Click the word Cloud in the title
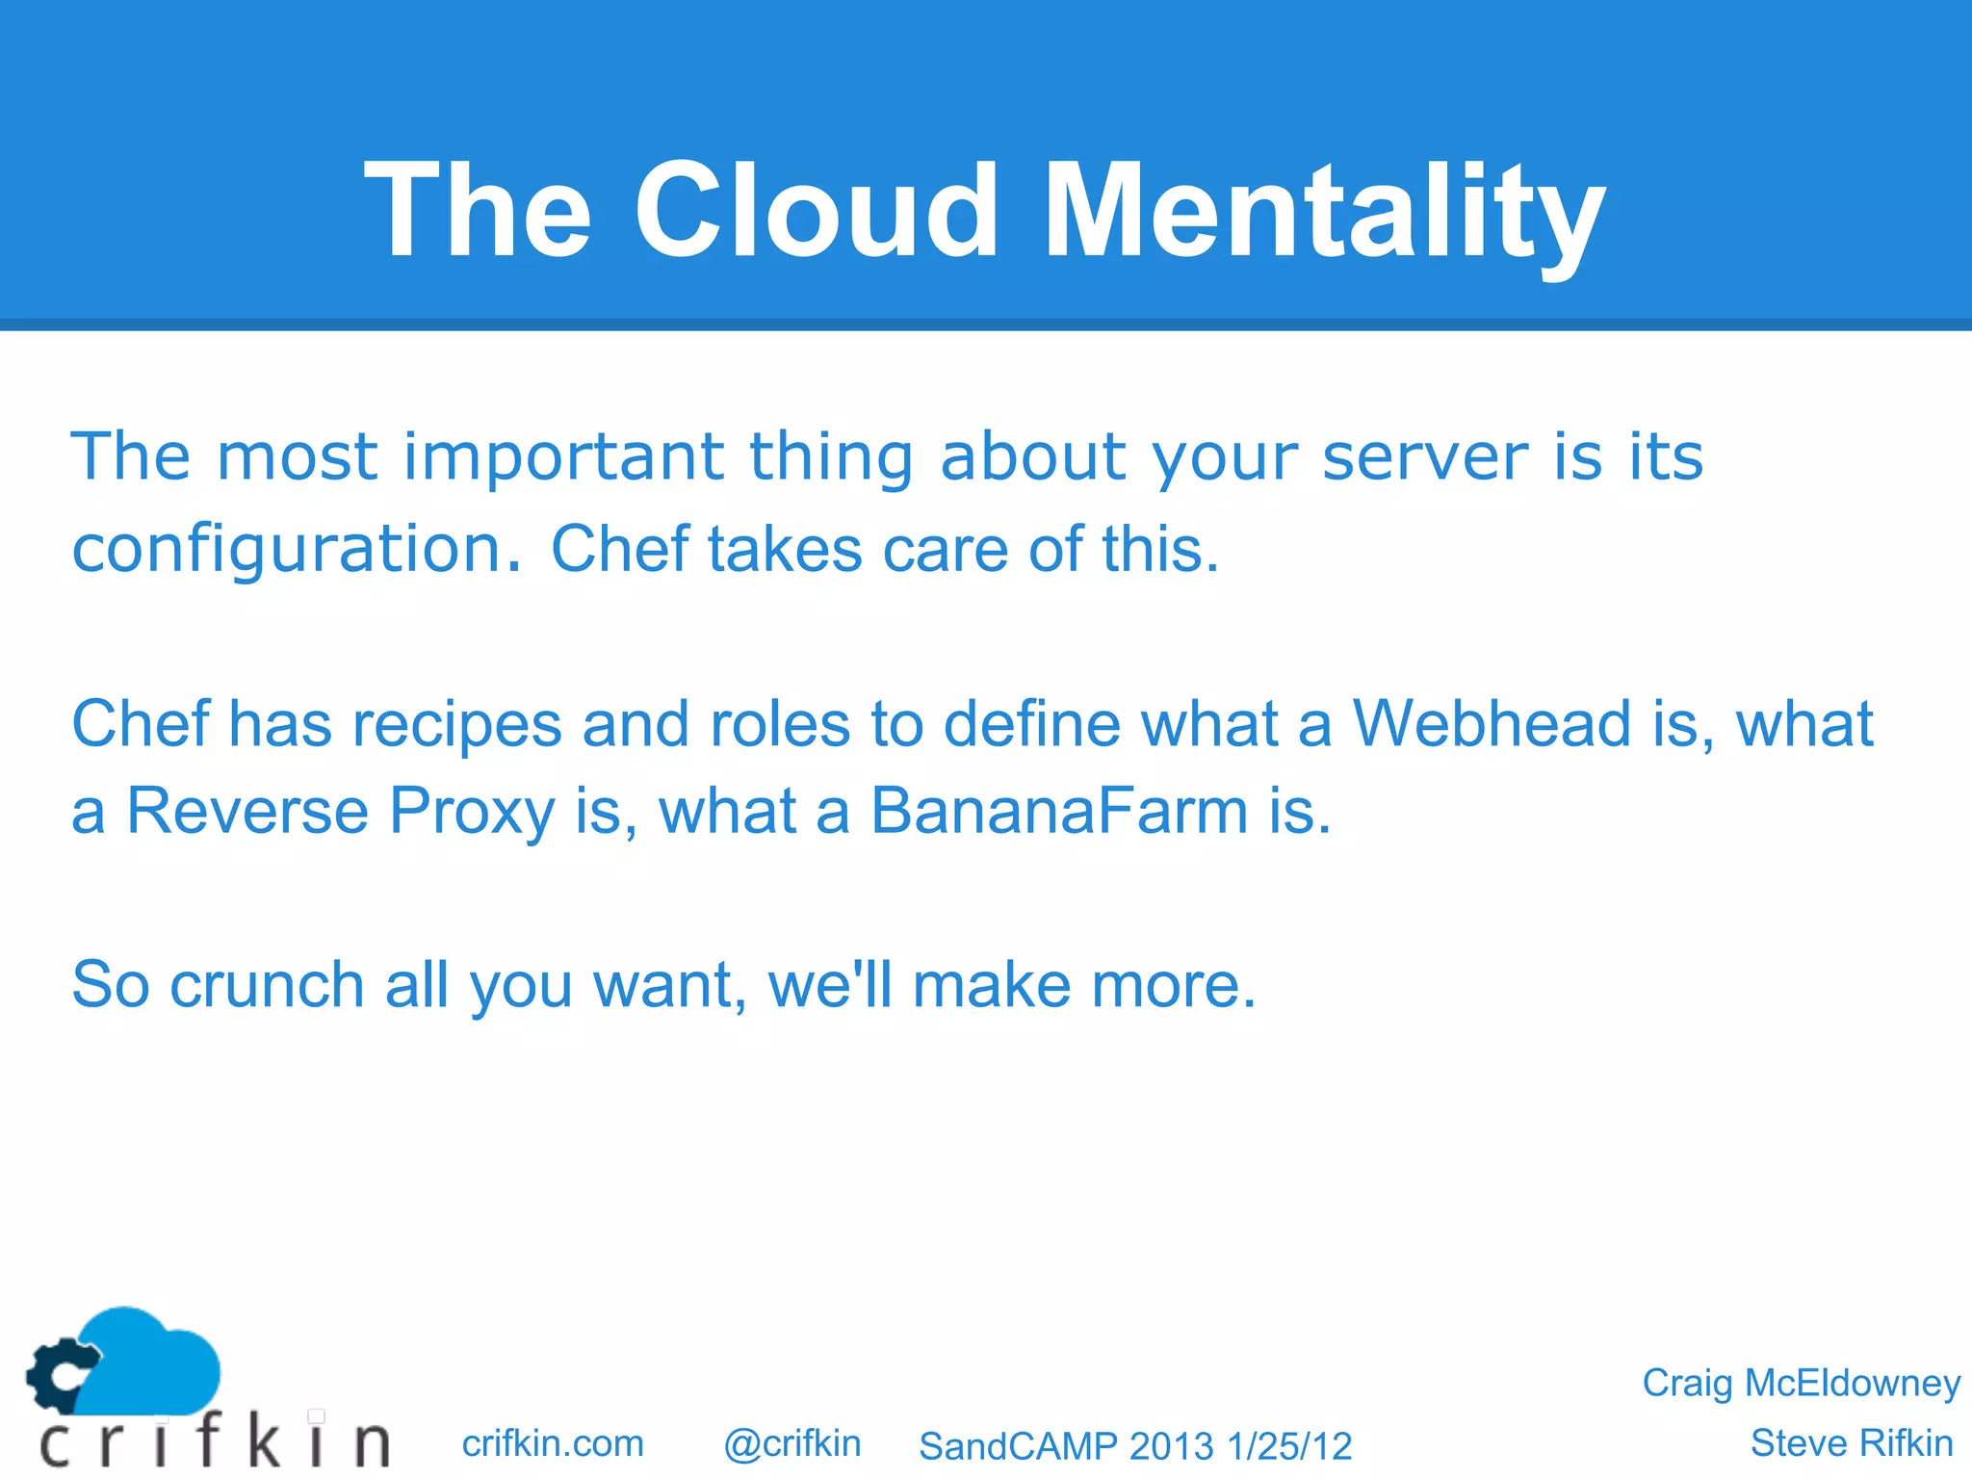[817, 210]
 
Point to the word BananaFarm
[1059, 811]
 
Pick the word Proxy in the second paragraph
[472, 811]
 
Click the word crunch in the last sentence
[267, 985]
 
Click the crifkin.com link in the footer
[553, 1443]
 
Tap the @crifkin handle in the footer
[791, 1443]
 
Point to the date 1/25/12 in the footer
[1289, 1446]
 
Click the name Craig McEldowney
[1801, 1383]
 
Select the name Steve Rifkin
[1851, 1443]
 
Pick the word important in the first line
[562, 456]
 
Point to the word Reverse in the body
[246, 811]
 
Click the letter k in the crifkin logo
[262, 1441]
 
